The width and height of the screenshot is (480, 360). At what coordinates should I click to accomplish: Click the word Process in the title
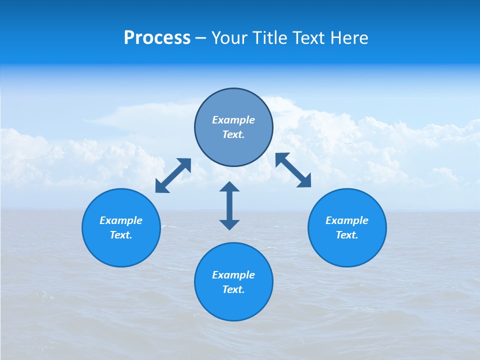point(157,38)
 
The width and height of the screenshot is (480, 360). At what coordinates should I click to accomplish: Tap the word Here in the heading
point(349,38)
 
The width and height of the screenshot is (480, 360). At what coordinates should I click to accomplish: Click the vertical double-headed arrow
point(229,205)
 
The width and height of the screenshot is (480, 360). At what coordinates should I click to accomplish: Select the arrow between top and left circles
point(173,175)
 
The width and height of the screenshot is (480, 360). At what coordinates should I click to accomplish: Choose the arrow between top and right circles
point(293,170)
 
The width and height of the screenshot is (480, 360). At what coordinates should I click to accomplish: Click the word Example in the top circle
point(233,120)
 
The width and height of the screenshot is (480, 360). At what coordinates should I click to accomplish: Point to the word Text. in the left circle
point(121,235)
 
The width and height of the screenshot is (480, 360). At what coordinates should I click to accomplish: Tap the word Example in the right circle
point(347,220)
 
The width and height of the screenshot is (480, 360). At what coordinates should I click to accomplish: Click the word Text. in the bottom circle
point(233,289)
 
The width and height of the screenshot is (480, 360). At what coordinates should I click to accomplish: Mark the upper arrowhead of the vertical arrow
point(229,187)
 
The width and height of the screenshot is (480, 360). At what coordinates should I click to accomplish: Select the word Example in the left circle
point(121,220)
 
